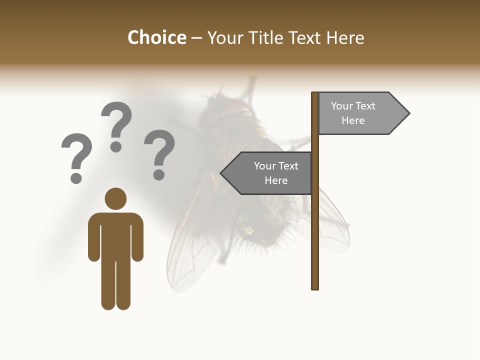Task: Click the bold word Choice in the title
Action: tap(156, 37)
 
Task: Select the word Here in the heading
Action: tap(345, 37)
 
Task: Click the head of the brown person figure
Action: tap(115, 198)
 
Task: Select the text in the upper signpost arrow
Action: tap(353, 113)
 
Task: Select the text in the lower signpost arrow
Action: tap(275, 173)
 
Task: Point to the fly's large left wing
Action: tap(190, 240)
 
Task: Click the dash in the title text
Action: tap(196, 38)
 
